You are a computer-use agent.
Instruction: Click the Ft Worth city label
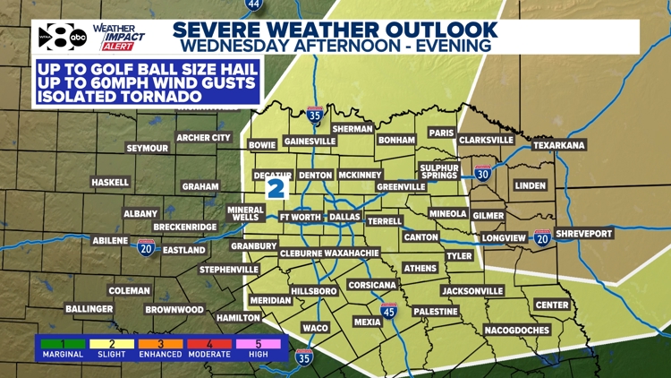click(300, 217)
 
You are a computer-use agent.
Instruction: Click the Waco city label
click(315, 328)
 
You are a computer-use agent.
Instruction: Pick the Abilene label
click(115, 240)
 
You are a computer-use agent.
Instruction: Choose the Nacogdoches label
click(517, 330)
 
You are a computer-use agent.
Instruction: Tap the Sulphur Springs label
click(439, 172)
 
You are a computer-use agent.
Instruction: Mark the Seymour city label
click(147, 148)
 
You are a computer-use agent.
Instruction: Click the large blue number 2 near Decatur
click(276, 188)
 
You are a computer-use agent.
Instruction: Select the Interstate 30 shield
click(483, 171)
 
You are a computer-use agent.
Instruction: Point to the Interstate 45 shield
click(388, 311)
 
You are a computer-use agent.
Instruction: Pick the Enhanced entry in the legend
click(158, 348)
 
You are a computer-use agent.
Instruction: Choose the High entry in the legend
click(259, 348)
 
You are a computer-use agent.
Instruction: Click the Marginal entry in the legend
click(60, 348)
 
